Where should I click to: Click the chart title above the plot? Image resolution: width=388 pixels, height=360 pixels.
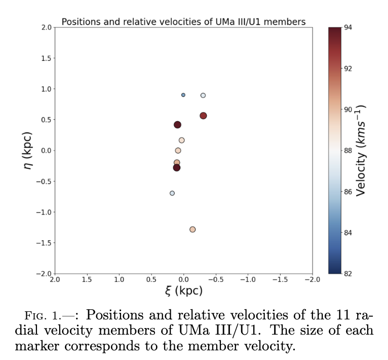tap(183, 22)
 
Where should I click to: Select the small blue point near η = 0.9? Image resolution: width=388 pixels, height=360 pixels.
tap(183, 95)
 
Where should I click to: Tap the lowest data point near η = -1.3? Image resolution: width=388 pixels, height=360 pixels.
tap(192, 229)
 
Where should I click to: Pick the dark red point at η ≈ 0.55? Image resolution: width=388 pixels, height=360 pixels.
tap(203, 116)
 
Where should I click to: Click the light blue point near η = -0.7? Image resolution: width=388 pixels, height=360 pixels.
tap(172, 193)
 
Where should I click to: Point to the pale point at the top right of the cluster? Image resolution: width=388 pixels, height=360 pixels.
tap(203, 95)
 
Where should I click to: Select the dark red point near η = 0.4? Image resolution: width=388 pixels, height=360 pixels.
tap(178, 125)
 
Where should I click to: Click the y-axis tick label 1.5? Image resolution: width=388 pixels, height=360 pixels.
tap(45, 58)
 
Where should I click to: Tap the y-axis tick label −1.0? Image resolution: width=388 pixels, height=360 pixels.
tap(44, 212)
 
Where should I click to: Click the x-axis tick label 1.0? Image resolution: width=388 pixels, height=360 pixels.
tap(120, 279)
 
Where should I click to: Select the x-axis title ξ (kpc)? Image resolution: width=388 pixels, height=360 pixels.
tap(184, 291)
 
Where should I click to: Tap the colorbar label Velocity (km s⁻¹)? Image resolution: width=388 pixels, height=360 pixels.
tap(361, 151)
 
